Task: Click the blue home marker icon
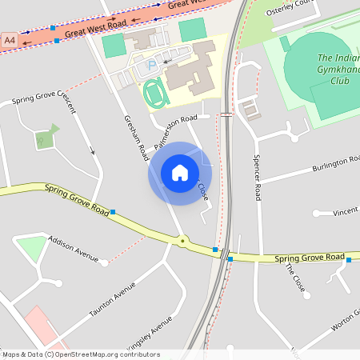click(180, 173)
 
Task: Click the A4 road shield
click(10, 38)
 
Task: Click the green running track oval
click(154, 95)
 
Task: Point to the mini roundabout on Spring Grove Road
click(183, 240)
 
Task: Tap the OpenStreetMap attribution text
click(80, 354)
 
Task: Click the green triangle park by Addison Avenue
click(33, 247)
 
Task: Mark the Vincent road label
click(346, 211)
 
